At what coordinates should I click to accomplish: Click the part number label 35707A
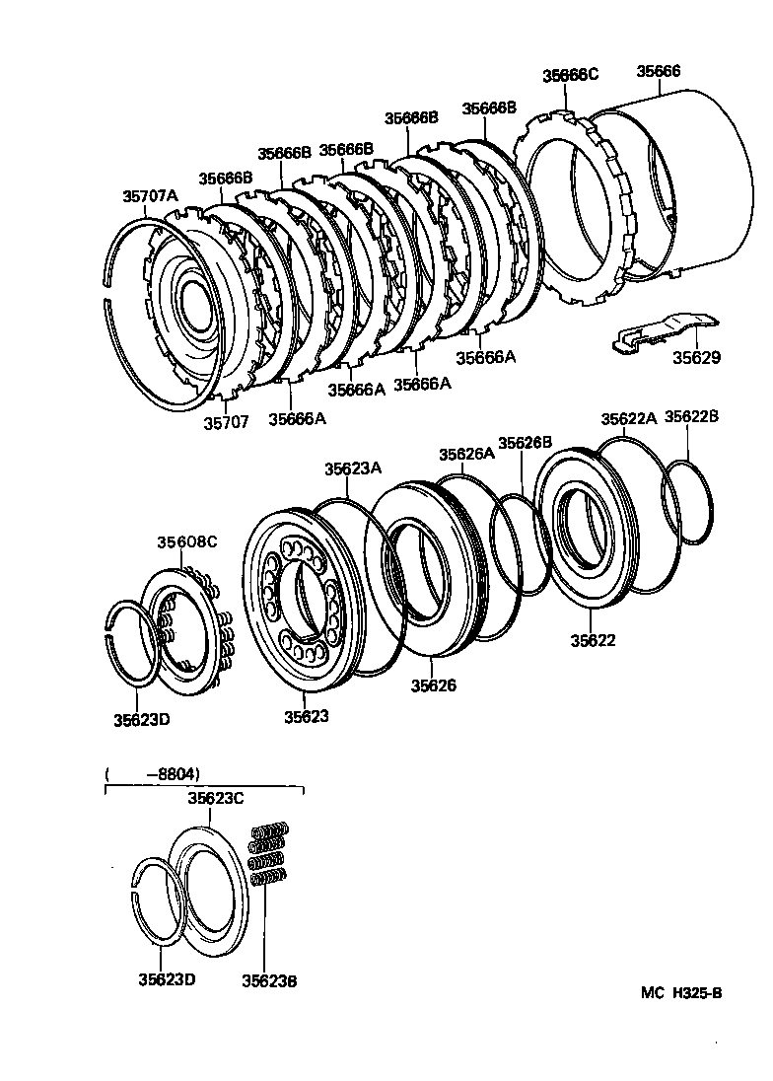(x=150, y=195)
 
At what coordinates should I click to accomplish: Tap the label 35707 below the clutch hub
(x=226, y=422)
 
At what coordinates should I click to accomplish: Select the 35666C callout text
(x=570, y=76)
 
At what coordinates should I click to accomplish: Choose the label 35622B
(x=691, y=417)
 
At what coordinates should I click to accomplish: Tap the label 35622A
(x=628, y=418)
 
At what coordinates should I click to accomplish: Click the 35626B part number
(x=525, y=443)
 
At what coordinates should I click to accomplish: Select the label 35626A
(x=465, y=454)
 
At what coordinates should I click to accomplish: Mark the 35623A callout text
(x=353, y=469)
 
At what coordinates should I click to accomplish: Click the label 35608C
(x=186, y=542)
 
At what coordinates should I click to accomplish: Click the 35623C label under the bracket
(x=215, y=799)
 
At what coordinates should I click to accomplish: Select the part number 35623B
(x=269, y=980)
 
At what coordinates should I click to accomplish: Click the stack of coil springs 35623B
(x=267, y=853)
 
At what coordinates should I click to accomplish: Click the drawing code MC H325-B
(x=681, y=993)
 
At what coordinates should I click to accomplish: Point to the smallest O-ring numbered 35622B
(x=688, y=503)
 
